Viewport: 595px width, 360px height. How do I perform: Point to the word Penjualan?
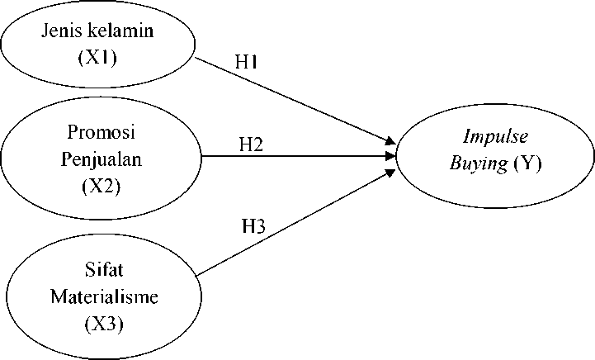102,159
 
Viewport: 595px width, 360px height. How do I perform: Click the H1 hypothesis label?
248,63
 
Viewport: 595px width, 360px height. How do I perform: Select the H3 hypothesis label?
253,226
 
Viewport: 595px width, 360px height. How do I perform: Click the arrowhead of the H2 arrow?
391,155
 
